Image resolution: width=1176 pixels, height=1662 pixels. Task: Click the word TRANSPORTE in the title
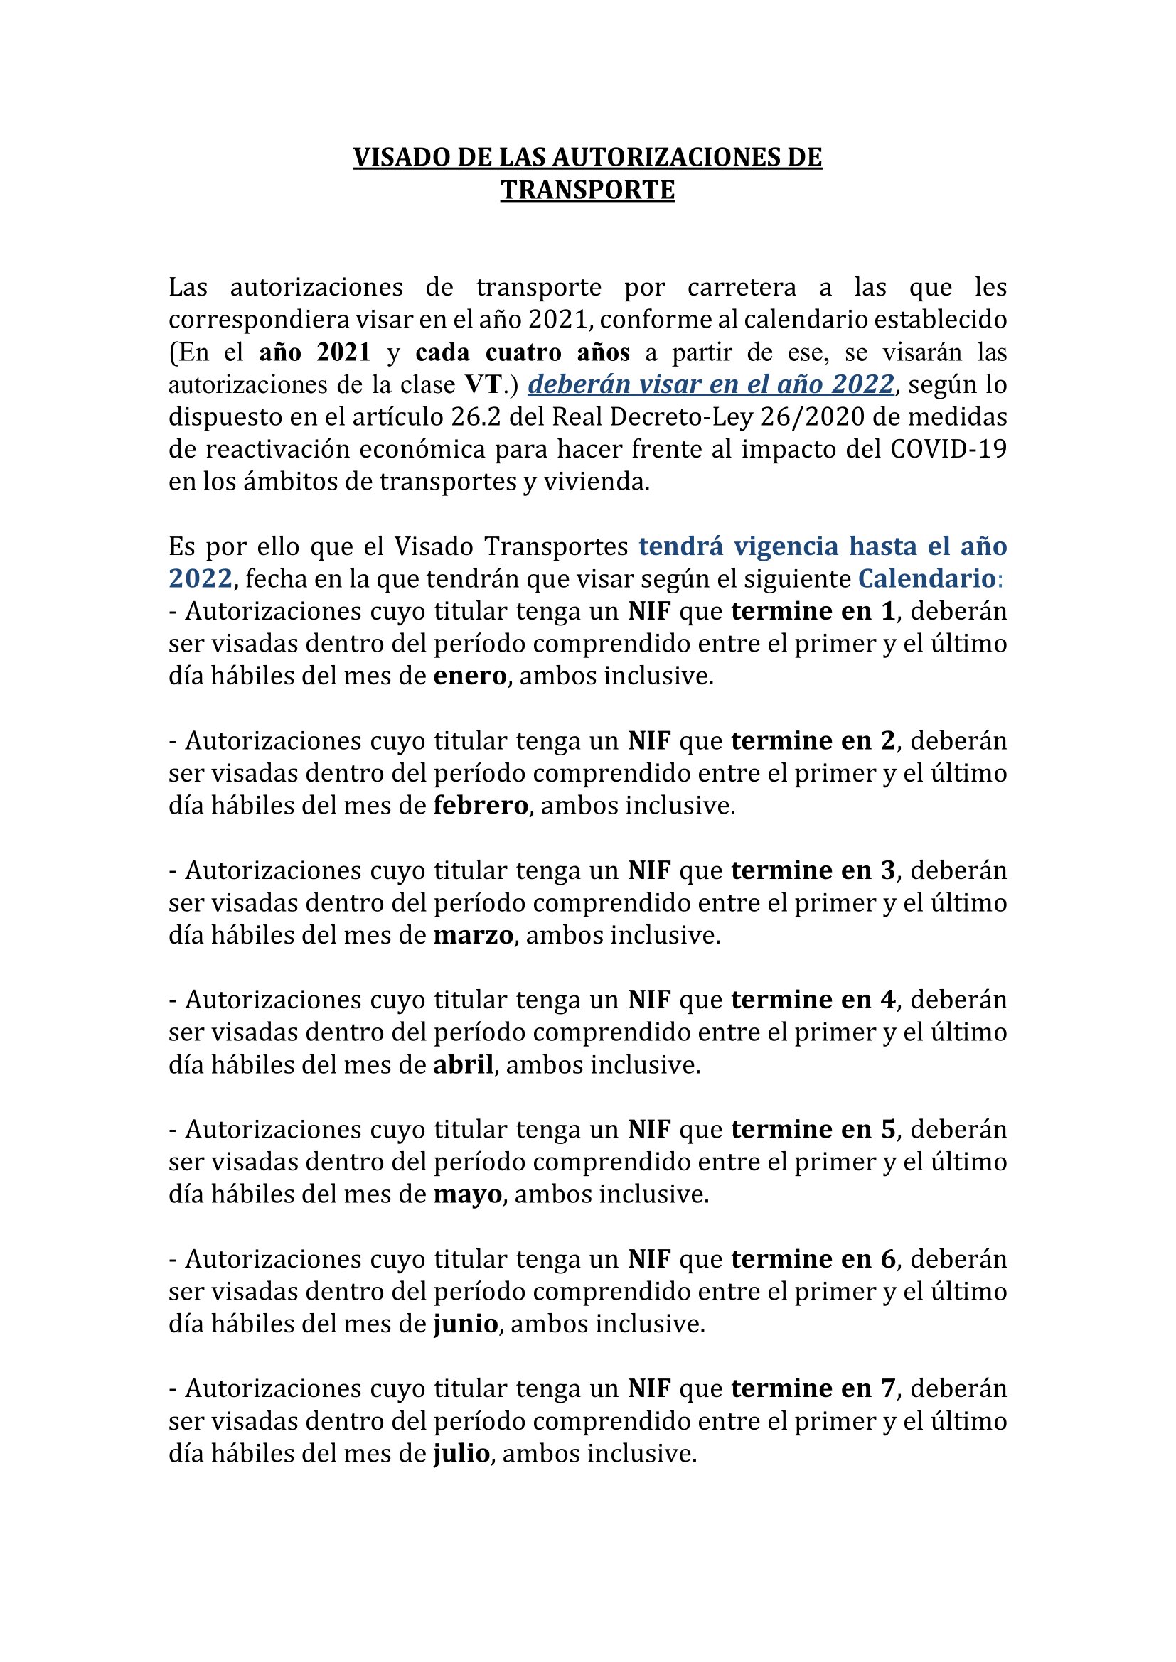[x=587, y=190]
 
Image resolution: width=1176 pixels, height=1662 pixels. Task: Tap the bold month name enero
[x=470, y=675]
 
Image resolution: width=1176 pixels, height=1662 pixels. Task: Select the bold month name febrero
[x=481, y=805]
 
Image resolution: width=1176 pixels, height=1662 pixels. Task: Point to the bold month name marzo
[x=474, y=934]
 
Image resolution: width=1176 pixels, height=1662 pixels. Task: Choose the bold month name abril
[x=464, y=1064]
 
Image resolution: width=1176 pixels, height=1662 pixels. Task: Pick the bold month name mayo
[x=468, y=1194]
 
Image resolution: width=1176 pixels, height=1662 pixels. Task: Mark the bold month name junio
[x=466, y=1323]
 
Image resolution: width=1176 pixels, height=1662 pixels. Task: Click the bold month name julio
[x=462, y=1453]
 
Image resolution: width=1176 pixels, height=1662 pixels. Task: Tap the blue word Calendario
[x=926, y=578]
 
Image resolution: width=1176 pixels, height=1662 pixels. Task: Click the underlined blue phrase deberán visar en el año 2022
[x=710, y=384]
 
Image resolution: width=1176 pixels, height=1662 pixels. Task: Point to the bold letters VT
[x=483, y=384]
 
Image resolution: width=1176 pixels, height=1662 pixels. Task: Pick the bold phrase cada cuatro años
[x=522, y=352]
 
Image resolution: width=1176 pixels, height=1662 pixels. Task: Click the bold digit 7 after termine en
[x=888, y=1388]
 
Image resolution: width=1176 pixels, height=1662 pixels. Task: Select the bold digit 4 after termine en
[x=888, y=1000]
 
